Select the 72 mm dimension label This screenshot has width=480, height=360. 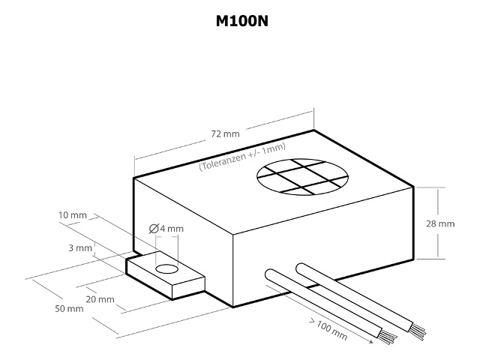click(x=225, y=134)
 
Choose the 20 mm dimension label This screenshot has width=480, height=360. click(x=100, y=299)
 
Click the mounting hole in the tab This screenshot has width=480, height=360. click(x=166, y=268)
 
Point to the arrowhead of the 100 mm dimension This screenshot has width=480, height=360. click(x=371, y=343)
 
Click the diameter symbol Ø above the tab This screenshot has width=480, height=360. click(x=153, y=229)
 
